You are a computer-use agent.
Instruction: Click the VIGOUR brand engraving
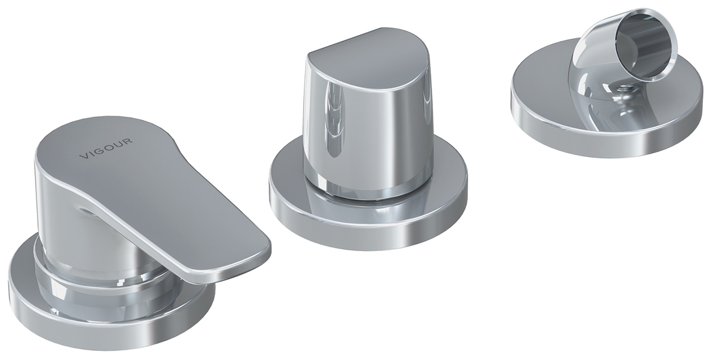tap(106, 149)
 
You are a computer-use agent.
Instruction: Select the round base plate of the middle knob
tap(368, 213)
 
